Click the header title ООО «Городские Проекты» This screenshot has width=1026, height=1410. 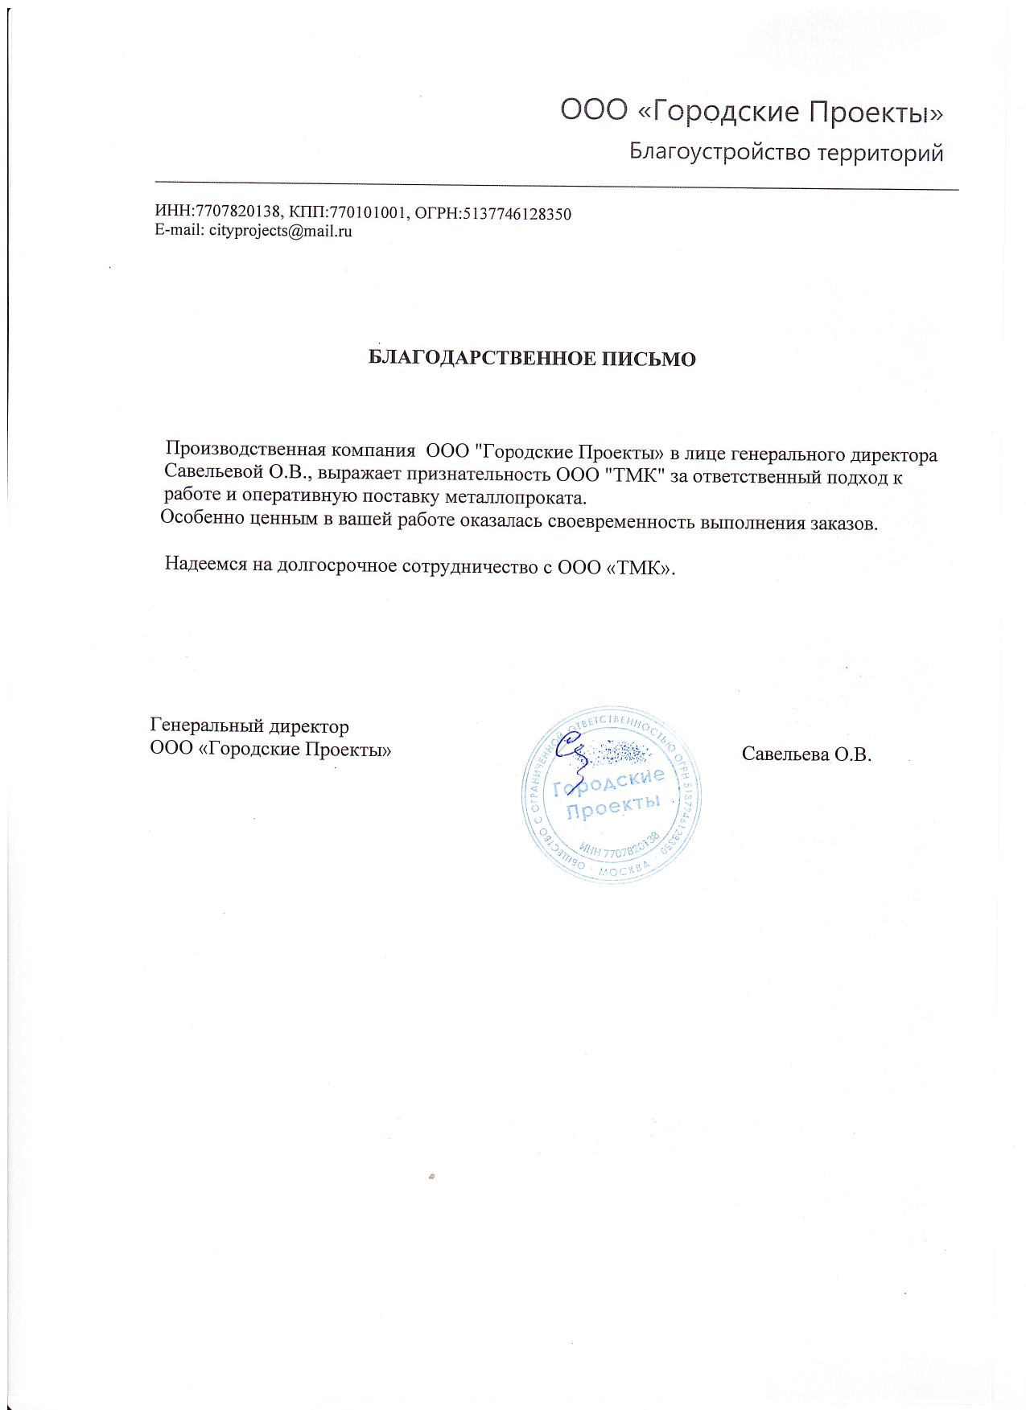click(751, 112)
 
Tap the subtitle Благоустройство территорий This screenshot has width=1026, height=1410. click(785, 152)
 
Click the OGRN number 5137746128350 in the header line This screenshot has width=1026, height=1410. click(517, 214)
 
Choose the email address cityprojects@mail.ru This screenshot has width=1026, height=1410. click(281, 231)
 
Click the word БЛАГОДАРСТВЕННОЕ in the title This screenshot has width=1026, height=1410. click(483, 359)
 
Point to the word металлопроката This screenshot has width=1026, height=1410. click(515, 497)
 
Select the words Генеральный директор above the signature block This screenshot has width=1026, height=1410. click(249, 726)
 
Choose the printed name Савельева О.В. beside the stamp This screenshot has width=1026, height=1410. click(806, 754)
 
